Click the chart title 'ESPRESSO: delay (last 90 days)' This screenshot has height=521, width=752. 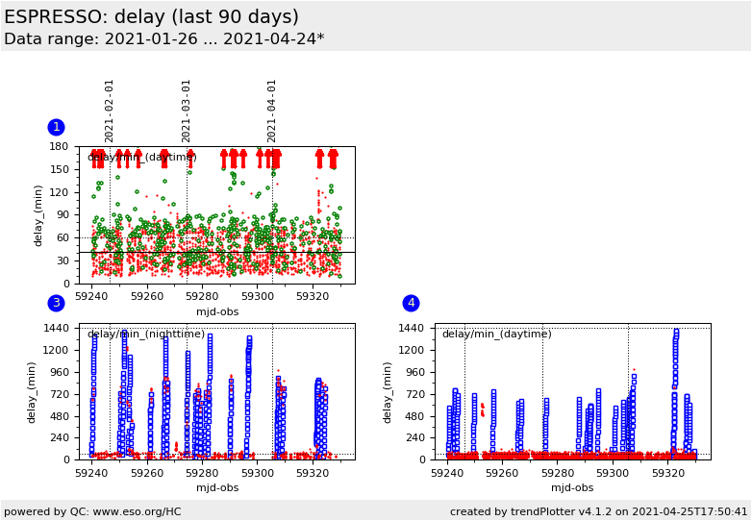[x=151, y=17]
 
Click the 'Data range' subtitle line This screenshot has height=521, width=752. [x=163, y=39]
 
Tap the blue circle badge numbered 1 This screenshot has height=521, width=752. [x=56, y=127]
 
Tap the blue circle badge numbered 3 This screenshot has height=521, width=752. [x=56, y=303]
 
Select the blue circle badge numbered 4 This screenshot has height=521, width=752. [x=411, y=303]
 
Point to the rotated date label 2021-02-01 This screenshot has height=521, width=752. [x=110, y=111]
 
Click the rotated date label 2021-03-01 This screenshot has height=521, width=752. [x=187, y=111]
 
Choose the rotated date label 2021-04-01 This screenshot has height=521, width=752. [x=272, y=111]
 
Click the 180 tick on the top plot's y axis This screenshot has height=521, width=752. [x=60, y=147]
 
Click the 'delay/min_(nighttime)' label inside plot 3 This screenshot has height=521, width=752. [x=145, y=335]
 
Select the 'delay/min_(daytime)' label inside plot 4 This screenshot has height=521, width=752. [x=496, y=335]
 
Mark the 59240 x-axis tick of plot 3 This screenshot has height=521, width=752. [x=92, y=474]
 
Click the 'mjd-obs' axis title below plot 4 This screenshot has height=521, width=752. [x=572, y=488]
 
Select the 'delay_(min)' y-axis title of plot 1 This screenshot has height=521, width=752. [x=39, y=215]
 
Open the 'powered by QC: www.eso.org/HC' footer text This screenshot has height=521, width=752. [x=92, y=511]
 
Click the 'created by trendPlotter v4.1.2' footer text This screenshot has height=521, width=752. [x=598, y=511]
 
